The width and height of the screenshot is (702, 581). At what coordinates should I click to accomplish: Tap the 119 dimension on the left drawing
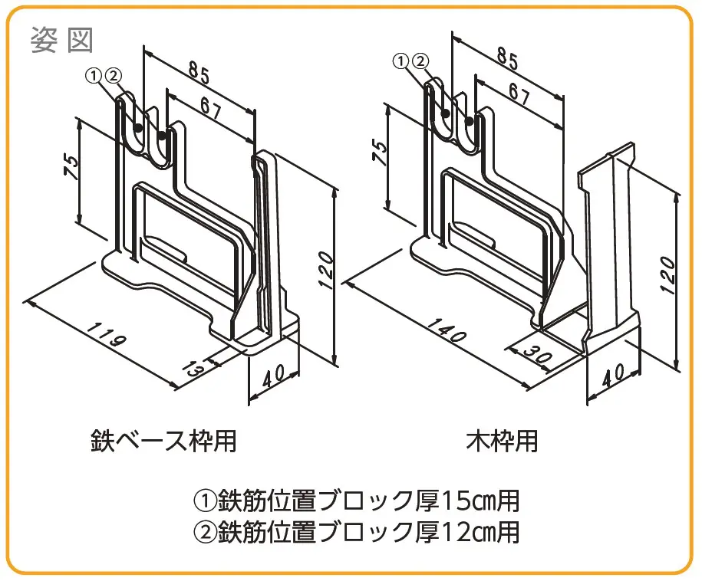[x=107, y=333]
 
